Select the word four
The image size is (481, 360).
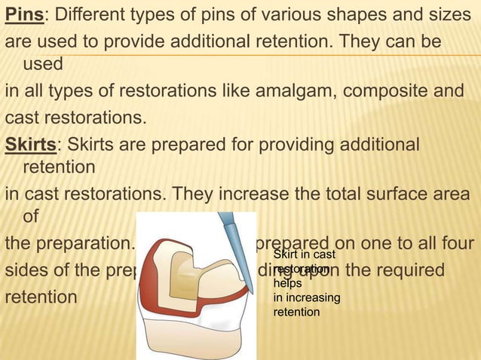click(x=455, y=246)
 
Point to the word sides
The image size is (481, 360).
click(x=27, y=271)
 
